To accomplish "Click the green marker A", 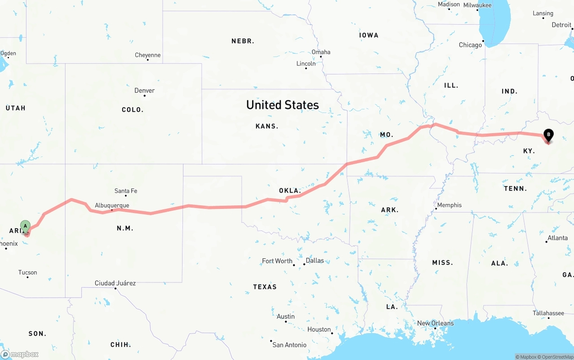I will pos(26,226).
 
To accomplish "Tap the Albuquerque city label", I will pos(112,205).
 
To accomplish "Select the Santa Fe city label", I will pos(126,191).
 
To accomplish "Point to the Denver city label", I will pos(144,91).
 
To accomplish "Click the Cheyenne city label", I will pos(148,55).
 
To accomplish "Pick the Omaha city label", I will pos(321,52).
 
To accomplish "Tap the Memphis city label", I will pos(449,205).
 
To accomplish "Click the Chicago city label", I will pos(470,45).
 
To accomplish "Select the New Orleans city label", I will pos(435,323).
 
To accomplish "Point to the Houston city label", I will pos(319,330).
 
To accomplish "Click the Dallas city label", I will pos(315,260).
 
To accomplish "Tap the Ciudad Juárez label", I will pos(115,283).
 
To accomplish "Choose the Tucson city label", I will pos(28,273).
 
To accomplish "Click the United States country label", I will pos(283,105).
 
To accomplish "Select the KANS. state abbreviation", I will pos(267,126).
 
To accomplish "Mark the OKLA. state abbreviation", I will pos(290,191).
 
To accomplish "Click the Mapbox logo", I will pos(20,354).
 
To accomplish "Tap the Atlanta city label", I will pos(558,238).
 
